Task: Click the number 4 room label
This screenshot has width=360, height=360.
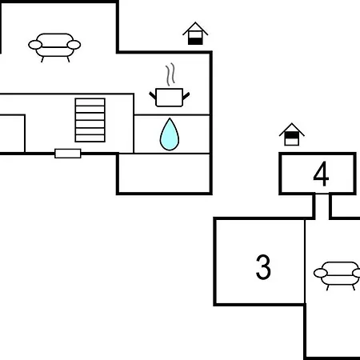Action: [321, 174]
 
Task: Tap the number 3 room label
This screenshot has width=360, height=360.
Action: [263, 267]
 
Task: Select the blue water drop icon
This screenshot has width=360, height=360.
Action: [170, 134]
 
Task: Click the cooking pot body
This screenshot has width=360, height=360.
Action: [169, 98]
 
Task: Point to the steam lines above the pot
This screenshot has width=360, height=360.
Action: [170, 74]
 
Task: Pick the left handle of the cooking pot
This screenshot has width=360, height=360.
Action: [153, 95]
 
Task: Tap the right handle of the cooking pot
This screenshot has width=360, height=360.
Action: [186, 96]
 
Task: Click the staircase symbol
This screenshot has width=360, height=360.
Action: [90, 120]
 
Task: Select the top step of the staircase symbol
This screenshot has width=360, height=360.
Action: [90, 102]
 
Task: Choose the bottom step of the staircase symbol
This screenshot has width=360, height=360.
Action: [90, 138]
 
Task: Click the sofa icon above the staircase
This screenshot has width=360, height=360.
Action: [54, 47]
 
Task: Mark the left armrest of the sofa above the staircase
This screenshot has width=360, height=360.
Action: [35, 45]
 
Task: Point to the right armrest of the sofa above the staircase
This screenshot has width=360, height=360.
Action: [74, 45]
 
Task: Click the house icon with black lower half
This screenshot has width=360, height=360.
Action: [195, 34]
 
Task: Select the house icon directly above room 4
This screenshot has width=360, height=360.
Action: [292, 134]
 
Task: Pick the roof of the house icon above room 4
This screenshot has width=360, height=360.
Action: [292, 130]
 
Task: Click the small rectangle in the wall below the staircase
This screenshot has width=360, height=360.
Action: [68, 154]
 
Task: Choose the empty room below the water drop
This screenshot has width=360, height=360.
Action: [164, 173]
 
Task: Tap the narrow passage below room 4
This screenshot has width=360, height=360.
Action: [322, 206]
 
